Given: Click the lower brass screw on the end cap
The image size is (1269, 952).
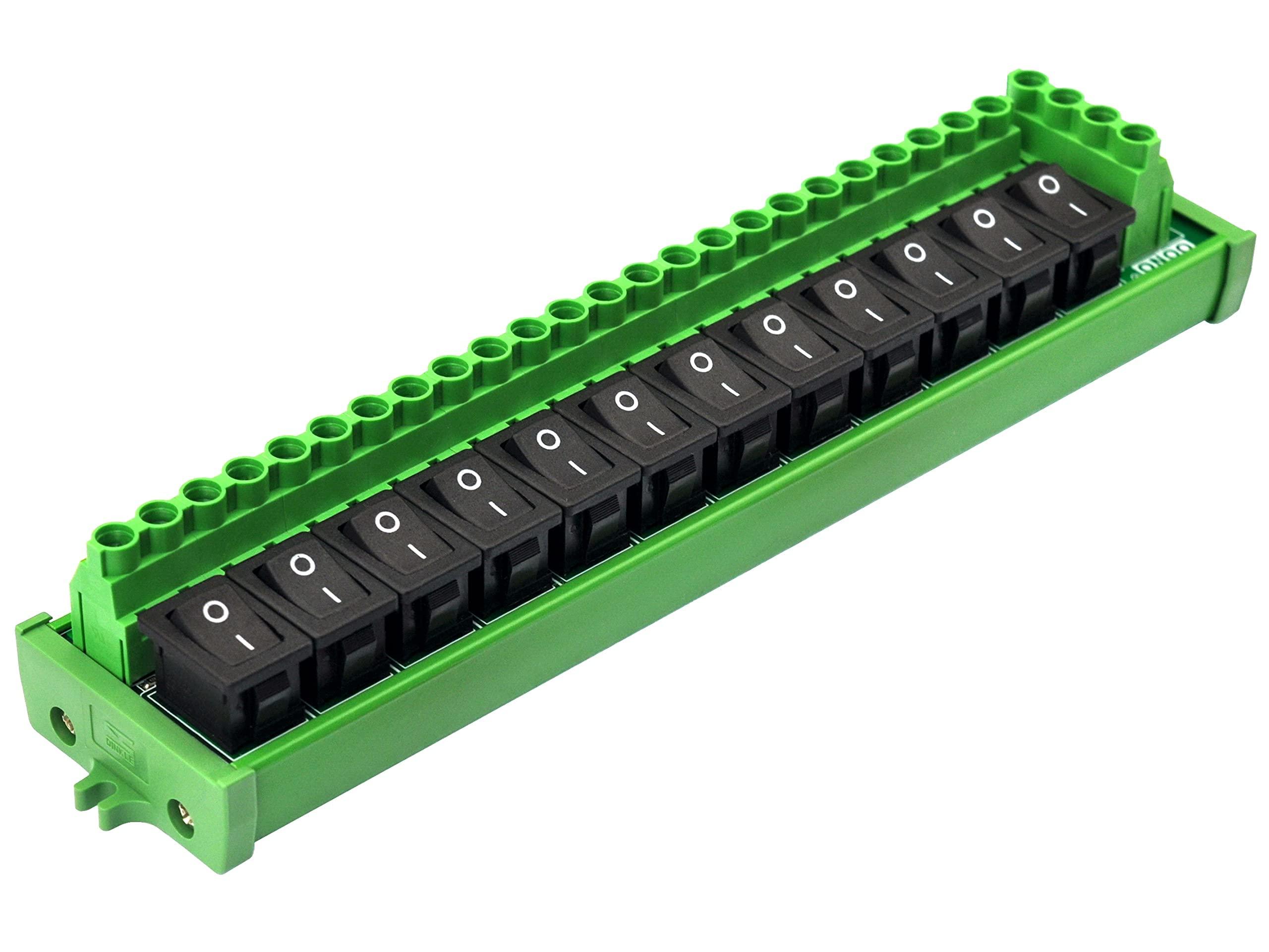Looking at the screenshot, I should tap(180, 813).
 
